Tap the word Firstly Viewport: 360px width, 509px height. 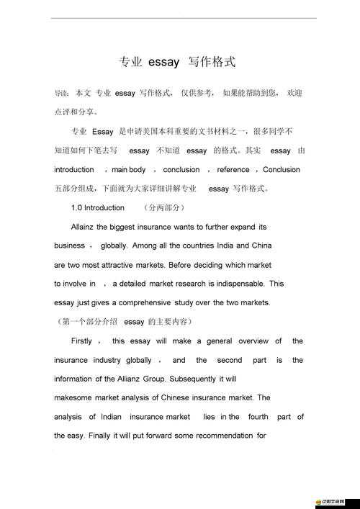(x=81, y=341)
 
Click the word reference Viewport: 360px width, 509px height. (x=233, y=170)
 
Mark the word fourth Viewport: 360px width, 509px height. (x=258, y=417)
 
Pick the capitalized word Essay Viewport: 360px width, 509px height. (x=103, y=132)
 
